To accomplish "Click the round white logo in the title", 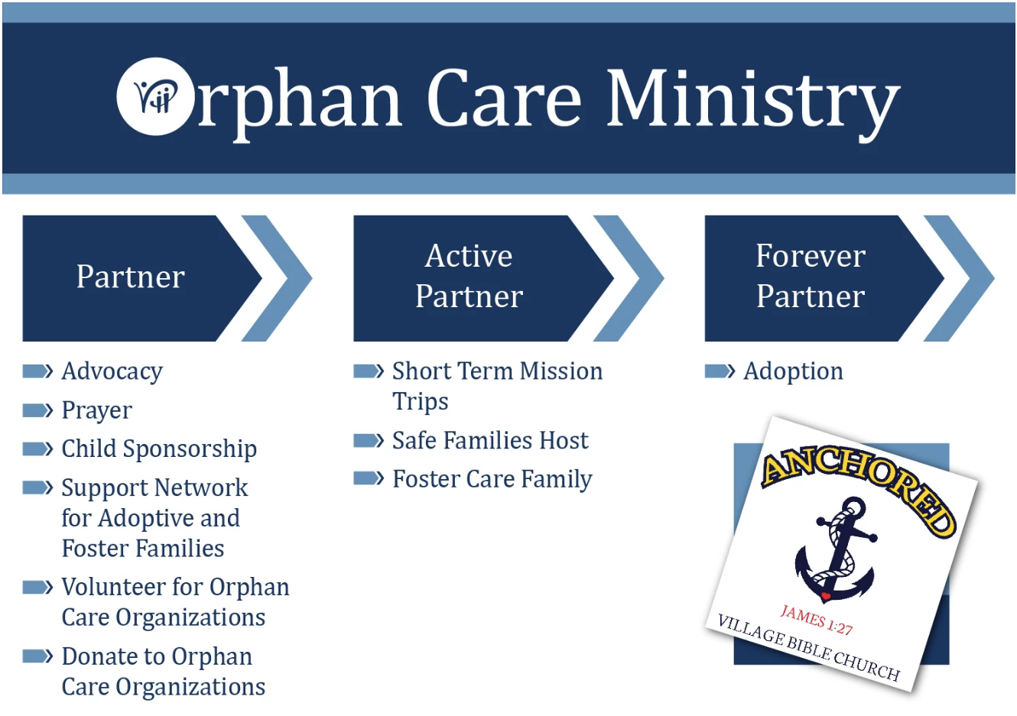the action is (x=154, y=96).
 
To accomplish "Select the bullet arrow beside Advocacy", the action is (x=37, y=371).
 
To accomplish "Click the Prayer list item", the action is (x=96, y=410).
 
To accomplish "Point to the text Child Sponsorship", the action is (x=159, y=449).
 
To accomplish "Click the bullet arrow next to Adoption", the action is (x=720, y=371).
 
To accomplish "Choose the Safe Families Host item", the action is (x=490, y=440).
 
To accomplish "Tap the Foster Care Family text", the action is (x=492, y=479).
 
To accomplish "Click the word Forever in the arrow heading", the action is (x=811, y=256).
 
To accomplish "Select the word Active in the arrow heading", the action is (x=469, y=256).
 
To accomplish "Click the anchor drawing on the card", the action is (x=835, y=549).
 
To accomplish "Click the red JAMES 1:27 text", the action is (x=817, y=620).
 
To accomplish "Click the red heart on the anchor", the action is (x=826, y=595).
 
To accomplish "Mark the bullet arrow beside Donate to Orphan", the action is (x=37, y=656).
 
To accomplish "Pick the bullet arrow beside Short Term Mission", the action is (x=369, y=371).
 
